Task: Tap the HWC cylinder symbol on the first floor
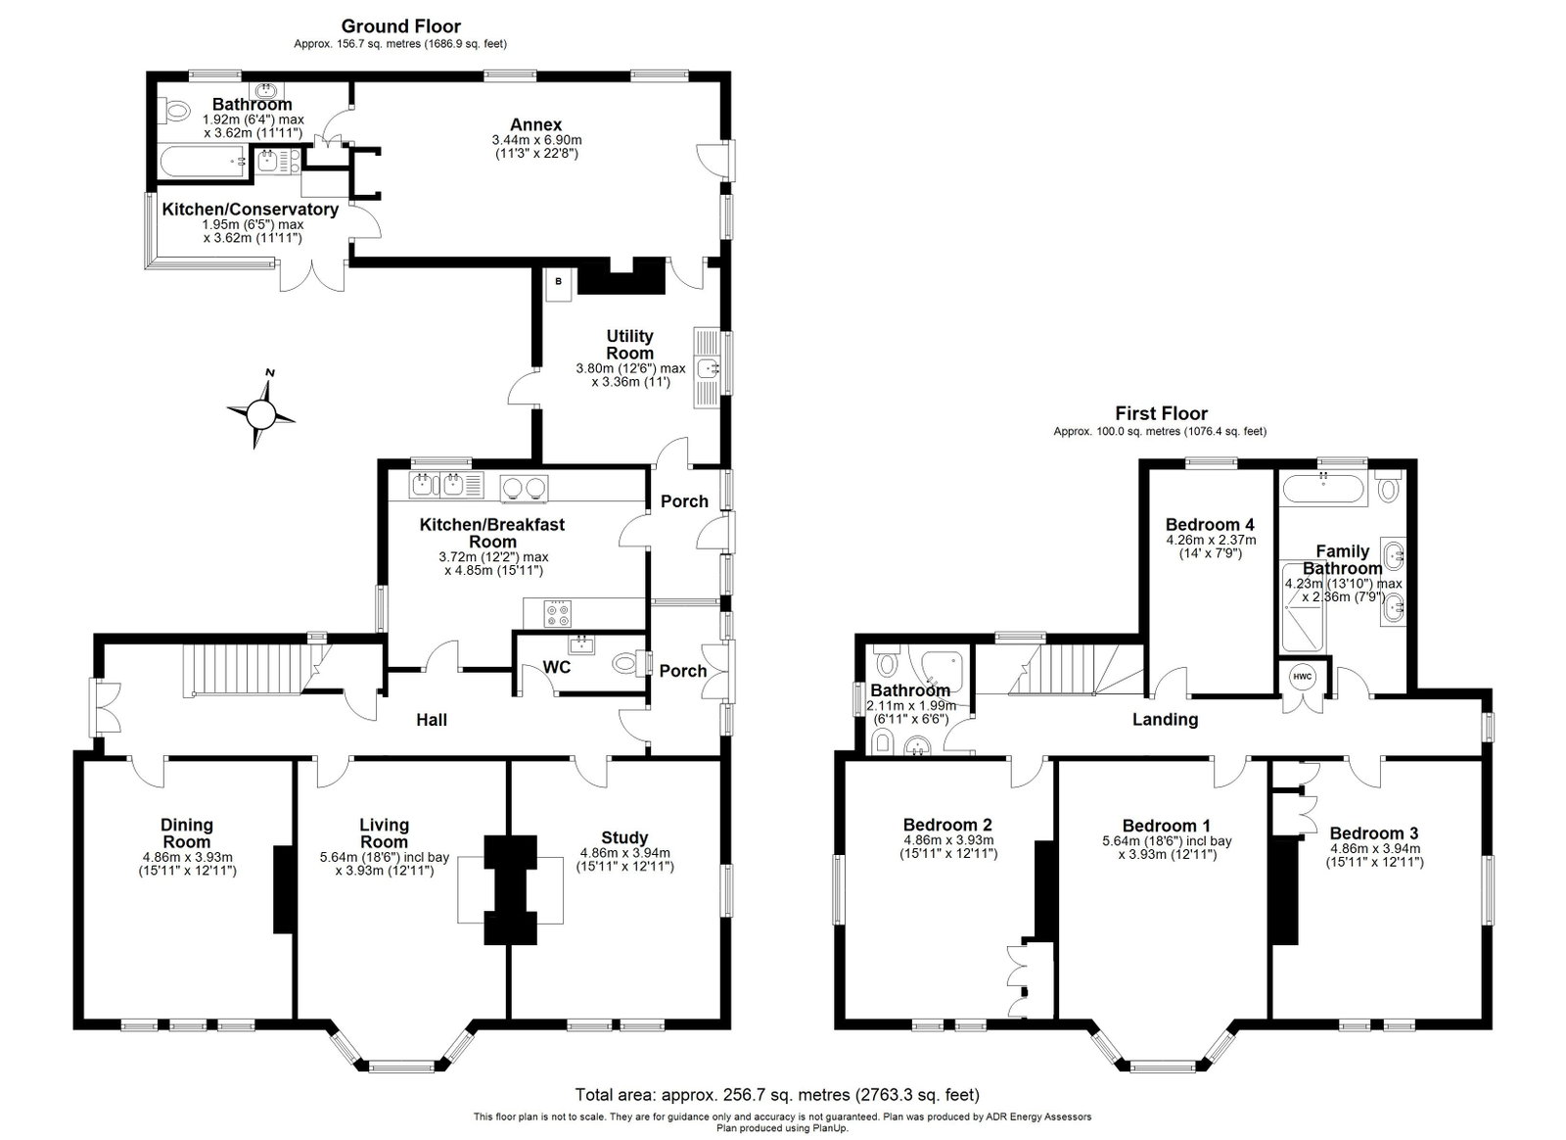(x=1302, y=677)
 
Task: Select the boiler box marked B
(x=559, y=284)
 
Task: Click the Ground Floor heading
(x=400, y=26)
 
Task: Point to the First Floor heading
(x=1161, y=413)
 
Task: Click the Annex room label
(x=535, y=124)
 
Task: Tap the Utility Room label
(x=630, y=345)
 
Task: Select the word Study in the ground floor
(x=624, y=837)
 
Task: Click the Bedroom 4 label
(x=1210, y=524)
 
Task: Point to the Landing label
(x=1165, y=719)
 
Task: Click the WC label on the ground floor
(x=557, y=667)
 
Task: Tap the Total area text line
(x=777, y=1095)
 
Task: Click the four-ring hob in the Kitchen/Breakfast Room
(x=558, y=613)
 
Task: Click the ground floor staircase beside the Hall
(x=249, y=670)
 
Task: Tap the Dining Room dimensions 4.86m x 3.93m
(x=187, y=857)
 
